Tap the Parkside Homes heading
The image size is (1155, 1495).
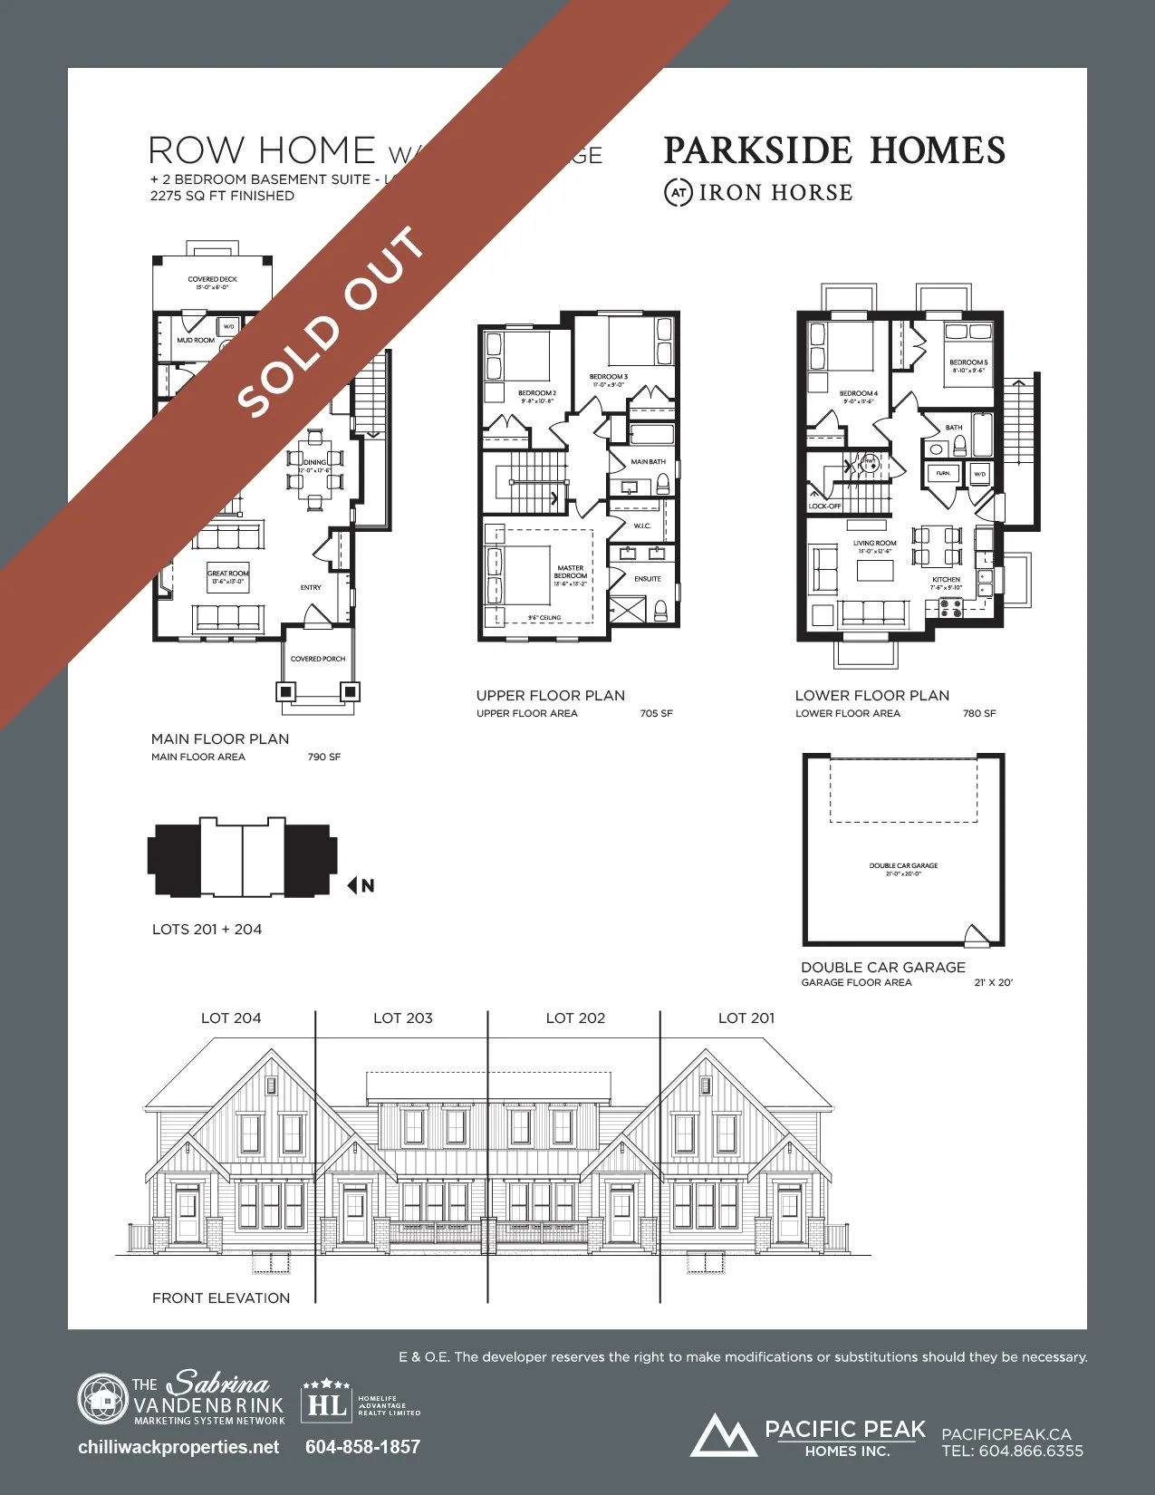tap(834, 150)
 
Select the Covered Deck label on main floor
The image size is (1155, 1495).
tap(213, 280)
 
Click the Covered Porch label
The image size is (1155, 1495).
tap(318, 659)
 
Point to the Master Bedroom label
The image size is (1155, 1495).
tap(571, 573)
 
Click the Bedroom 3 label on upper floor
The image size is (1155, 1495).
tap(608, 377)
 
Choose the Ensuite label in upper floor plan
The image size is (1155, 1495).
tap(648, 578)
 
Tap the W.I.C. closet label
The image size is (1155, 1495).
tap(642, 526)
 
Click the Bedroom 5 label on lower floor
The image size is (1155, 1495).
tap(968, 362)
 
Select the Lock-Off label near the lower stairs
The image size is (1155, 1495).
tap(824, 506)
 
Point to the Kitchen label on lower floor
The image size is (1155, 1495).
tap(946, 580)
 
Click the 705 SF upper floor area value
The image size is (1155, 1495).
tap(656, 714)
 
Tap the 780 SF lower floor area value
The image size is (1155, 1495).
tap(979, 714)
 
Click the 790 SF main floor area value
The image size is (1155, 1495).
tap(324, 757)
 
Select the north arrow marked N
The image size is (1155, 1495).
tap(361, 885)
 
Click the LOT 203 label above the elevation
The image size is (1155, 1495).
tap(403, 1018)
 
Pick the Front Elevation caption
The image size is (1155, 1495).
tap(221, 1298)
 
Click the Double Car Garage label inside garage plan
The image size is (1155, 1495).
tap(903, 866)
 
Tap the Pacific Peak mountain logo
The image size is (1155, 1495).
tap(723, 1435)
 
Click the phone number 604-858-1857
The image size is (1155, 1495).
tap(362, 1447)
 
